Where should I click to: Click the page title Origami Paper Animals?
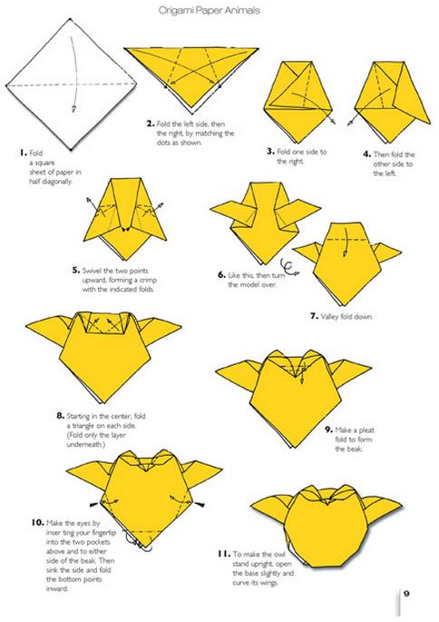(x=210, y=10)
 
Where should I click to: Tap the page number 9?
(x=406, y=594)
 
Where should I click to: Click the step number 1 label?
(x=24, y=153)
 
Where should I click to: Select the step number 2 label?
(x=151, y=123)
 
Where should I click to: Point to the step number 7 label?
(x=314, y=316)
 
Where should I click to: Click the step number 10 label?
(x=37, y=522)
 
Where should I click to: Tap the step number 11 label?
(x=223, y=554)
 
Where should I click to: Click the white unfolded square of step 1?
(x=71, y=84)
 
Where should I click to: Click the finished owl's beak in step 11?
(x=327, y=502)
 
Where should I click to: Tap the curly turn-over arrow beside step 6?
(x=289, y=267)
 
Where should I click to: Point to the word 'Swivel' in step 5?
(x=92, y=271)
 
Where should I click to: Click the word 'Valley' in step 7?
(x=329, y=317)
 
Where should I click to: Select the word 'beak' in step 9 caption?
(x=354, y=449)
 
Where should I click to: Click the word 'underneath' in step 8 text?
(x=84, y=445)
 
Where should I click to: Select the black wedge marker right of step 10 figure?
(x=200, y=505)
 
